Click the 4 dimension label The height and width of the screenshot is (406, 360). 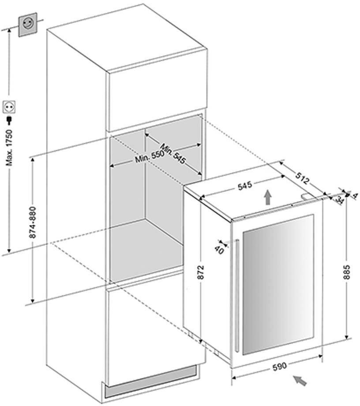point(354,195)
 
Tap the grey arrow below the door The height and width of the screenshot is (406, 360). point(301,380)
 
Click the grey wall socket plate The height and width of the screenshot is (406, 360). point(27,24)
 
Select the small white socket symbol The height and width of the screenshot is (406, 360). point(9,106)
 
